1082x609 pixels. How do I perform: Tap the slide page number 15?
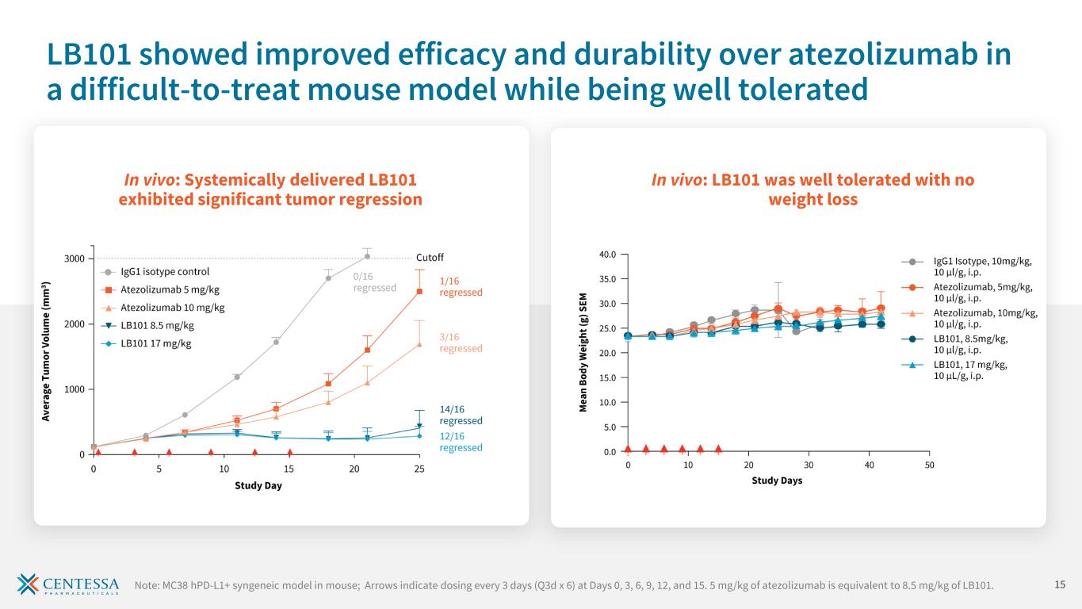(x=1060, y=585)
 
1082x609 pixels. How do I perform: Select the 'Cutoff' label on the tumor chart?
(x=430, y=258)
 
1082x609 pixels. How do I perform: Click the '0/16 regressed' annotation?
(x=374, y=282)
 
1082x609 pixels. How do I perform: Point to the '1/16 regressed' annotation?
(x=461, y=286)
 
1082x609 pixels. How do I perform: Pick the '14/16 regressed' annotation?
(x=461, y=415)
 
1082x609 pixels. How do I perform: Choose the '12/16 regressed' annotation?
(x=461, y=441)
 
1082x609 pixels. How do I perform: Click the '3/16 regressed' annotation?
(x=461, y=343)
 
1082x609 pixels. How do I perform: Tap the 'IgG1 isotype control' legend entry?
(x=165, y=272)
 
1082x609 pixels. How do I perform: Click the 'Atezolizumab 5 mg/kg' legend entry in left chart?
(x=170, y=289)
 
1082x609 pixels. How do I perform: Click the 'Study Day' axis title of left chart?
(x=258, y=485)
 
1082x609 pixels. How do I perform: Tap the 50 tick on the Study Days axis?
(x=929, y=465)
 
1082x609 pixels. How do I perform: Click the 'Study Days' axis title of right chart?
(x=777, y=481)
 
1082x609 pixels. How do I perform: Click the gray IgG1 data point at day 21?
(x=367, y=256)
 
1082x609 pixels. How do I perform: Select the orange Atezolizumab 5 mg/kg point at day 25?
(x=419, y=291)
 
